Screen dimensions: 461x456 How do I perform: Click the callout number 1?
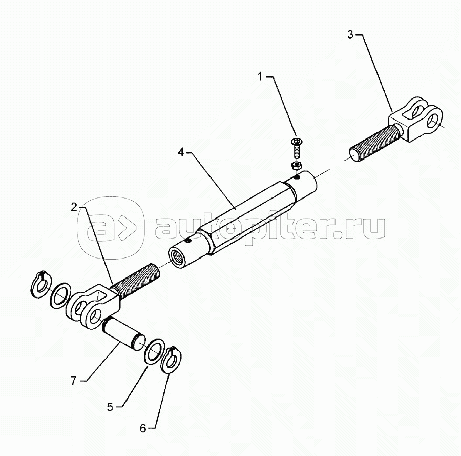click(260, 77)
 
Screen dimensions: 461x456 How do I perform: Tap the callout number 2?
click(74, 207)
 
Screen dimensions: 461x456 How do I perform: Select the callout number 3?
click(350, 35)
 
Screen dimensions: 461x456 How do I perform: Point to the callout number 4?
click(181, 152)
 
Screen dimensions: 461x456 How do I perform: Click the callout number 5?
click(110, 407)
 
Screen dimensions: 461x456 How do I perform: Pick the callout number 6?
click(143, 428)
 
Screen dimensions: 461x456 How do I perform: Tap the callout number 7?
click(73, 381)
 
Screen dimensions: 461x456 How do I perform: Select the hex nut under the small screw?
click(295, 166)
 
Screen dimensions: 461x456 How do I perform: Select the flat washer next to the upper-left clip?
click(61, 295)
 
